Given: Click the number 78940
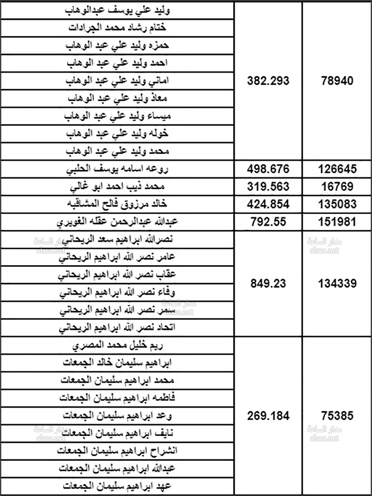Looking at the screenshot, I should (x=337, y=81).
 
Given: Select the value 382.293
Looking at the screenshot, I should (x=268, y=81).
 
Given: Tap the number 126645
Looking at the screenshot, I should (x=337, y=169).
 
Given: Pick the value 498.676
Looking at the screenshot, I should (x=268, y=169).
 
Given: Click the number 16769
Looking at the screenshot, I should (x=337, y=187).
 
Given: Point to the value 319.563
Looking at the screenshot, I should (x=268, y=187).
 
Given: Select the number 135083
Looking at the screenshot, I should (x=337, y=204).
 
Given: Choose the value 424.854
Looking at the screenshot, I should (x=268, y=204).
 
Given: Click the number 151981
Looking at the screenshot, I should (x=337, y=222).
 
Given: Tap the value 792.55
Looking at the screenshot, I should (x=268, y=222).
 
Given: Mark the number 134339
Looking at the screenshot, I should (x=337, y=284).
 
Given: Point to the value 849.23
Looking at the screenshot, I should (x=268, y=284).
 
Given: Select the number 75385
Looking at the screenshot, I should (x=337, y=416).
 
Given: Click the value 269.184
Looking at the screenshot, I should (x=268, y=416).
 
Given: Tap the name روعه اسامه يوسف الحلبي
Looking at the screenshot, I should (x=117, y=169).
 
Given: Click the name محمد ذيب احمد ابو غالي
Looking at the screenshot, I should (x=117, y=187).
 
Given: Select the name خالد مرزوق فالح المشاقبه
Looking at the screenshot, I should (x=117, y=204).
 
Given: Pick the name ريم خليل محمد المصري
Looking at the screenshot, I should (x=117, y=346).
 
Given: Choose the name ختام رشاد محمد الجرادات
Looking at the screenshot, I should (x=117, y=28).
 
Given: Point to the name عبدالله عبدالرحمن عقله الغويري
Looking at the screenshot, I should (x=117, y=222).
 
